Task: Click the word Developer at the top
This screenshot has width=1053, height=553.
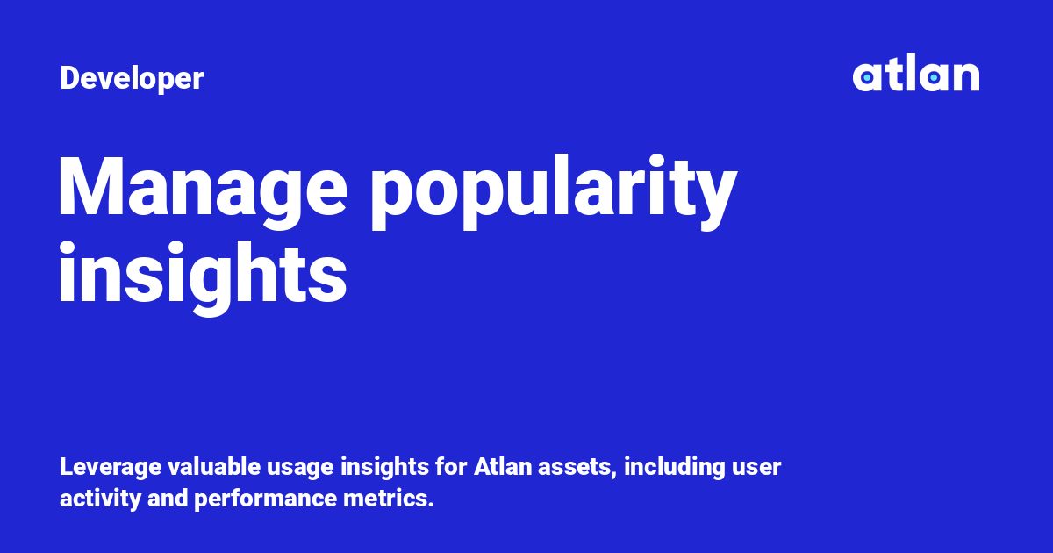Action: [x=132, y=79]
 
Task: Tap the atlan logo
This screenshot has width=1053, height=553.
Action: [x=915, y=75]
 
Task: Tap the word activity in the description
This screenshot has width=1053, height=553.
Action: [x=96, y=499]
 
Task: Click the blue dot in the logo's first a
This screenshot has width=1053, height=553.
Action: [x=867, y=78]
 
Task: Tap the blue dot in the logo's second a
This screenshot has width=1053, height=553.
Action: [x=934, y=78]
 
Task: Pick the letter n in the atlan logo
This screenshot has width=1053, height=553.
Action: [x=966, y=77]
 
